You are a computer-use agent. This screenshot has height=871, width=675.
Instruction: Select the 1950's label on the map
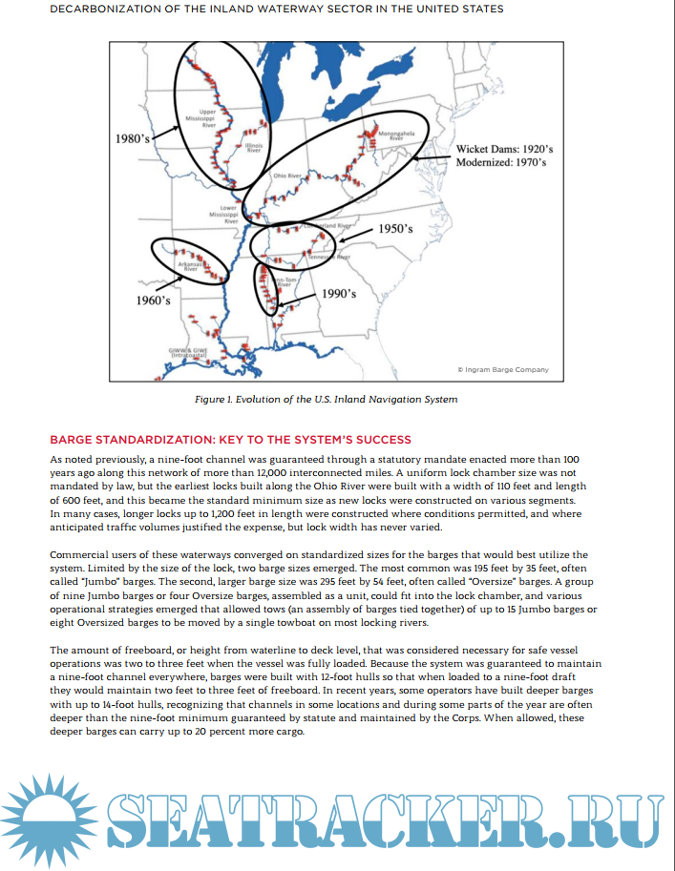tap(394, 229)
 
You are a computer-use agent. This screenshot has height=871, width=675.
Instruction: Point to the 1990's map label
tap(339, 294)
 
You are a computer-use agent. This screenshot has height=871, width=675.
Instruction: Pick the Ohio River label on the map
tap(286, 176)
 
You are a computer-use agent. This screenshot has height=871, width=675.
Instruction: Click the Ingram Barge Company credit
tap(503, 369)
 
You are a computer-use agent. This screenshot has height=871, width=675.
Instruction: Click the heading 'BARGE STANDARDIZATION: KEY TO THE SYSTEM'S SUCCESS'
tap(230, 440)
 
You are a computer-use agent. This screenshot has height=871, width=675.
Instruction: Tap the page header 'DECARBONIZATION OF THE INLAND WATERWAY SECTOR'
tap(277, 9)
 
